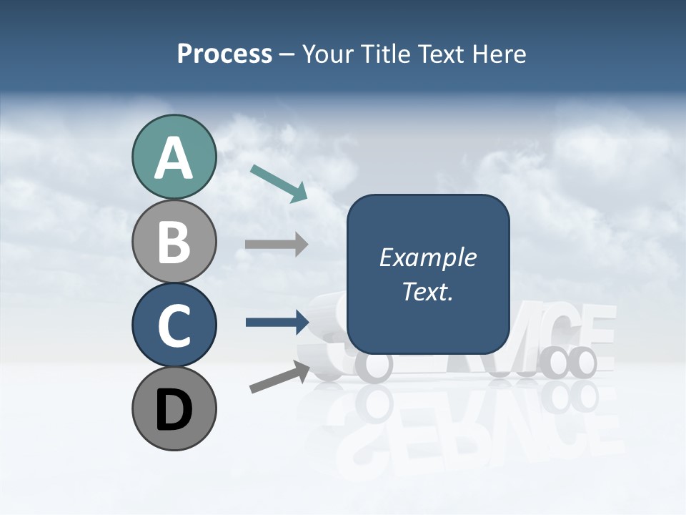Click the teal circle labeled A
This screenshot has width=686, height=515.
[x=174, y=157]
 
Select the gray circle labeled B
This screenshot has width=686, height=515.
[x=174, y=241]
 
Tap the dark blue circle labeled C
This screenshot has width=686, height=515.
[x=174, y=325]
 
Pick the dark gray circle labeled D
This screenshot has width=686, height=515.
[x=174, y=408]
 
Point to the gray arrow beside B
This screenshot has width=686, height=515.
[x=277, y=244]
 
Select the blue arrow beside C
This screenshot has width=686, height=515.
[x=277, y=322]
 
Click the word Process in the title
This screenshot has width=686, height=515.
[x=224, y=54]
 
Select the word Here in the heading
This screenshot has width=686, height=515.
[x=500, y=54]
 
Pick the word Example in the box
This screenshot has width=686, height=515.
[x=428, y=257]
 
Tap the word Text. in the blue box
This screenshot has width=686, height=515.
[x=428, y=291]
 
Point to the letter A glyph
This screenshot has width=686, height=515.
[x=174, y=159]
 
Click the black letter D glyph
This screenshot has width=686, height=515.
[x=174, y=410]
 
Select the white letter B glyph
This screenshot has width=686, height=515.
[x=174, y=242]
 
